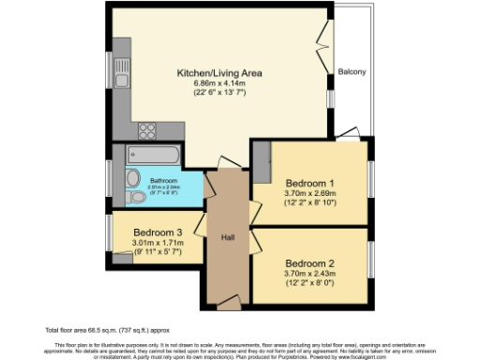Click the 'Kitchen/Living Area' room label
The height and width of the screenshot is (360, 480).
click(x=220, y=72)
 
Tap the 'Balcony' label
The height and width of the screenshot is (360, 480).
click(x=352, y=72)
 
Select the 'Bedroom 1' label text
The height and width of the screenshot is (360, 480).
click(x=309, y=182)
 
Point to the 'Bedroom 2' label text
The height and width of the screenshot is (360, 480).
click(x=309, y=263)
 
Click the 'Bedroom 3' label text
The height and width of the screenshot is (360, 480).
click(x=157, y=232)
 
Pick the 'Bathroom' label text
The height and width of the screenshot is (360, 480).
click(x=163, y=178)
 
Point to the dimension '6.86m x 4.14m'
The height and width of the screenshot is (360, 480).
click(x=220, y=83)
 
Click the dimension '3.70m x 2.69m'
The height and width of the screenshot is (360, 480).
click(x=309, y=194)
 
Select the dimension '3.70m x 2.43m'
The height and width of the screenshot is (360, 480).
click(x=309, y=276)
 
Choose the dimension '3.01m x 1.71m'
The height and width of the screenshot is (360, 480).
click(x=157, y=244)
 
